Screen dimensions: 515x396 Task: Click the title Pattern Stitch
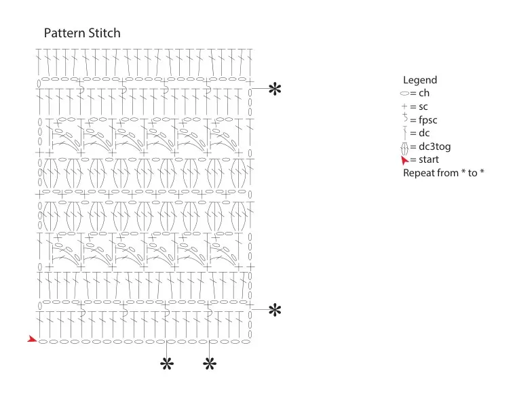[x=82, y=33]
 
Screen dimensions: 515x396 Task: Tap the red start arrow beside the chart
[x=32, y=339]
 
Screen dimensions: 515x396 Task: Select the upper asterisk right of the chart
[x=275, y=89]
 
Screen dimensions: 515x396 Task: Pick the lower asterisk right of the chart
[x=275, y=310]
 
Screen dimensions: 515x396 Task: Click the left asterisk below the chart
[x=167, y=364]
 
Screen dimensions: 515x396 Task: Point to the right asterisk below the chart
[x=210, y=364]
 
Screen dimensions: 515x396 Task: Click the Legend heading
[x=420, y=80]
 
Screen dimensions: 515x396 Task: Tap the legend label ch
[x=424, y=93]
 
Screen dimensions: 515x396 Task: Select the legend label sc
[x=423, y=106]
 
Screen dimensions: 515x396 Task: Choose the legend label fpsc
[x=428, y=120]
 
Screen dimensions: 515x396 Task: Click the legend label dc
[x=424, y=133]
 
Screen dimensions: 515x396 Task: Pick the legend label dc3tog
[x=434, y=146]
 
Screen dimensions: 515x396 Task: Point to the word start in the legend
[x=429, y=159]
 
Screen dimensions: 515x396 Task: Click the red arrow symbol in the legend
[x=404, y=160]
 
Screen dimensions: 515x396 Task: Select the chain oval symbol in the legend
[x=404, y=94]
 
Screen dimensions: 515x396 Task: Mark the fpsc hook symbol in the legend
[x=405, y=117]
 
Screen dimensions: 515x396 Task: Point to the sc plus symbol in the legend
[x=404, y=106]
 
